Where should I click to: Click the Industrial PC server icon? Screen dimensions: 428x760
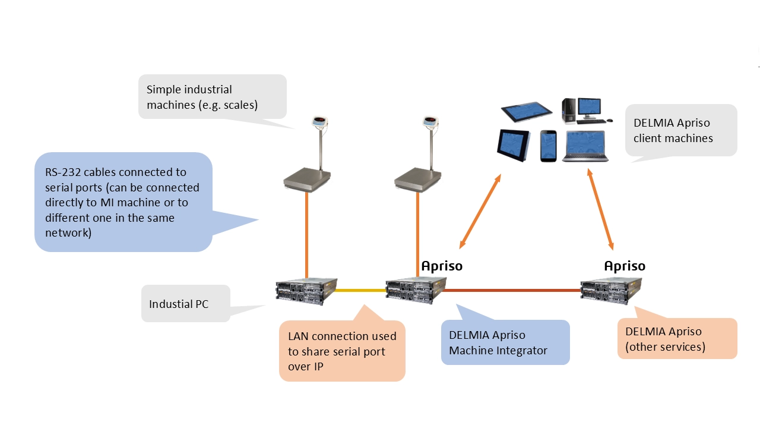coord(306,291)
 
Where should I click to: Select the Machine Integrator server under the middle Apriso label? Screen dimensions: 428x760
coord(416,291)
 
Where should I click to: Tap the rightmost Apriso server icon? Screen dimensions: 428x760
coord(611,291)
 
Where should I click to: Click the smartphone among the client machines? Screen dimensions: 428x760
coord(549,146)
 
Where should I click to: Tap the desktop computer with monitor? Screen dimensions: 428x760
coord(581,111)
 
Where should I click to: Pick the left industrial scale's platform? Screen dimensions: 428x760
coord(307,178)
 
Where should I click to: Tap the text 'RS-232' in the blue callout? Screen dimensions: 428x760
coord(63,172)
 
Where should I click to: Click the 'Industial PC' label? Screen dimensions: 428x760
coord(179,304)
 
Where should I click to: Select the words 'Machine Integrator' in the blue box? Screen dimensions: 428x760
coord(498,350)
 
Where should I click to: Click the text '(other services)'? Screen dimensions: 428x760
coord(665,347)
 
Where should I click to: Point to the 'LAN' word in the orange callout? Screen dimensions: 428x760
coord(300,336)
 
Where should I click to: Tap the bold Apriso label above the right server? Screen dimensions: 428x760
coord(624,266)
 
